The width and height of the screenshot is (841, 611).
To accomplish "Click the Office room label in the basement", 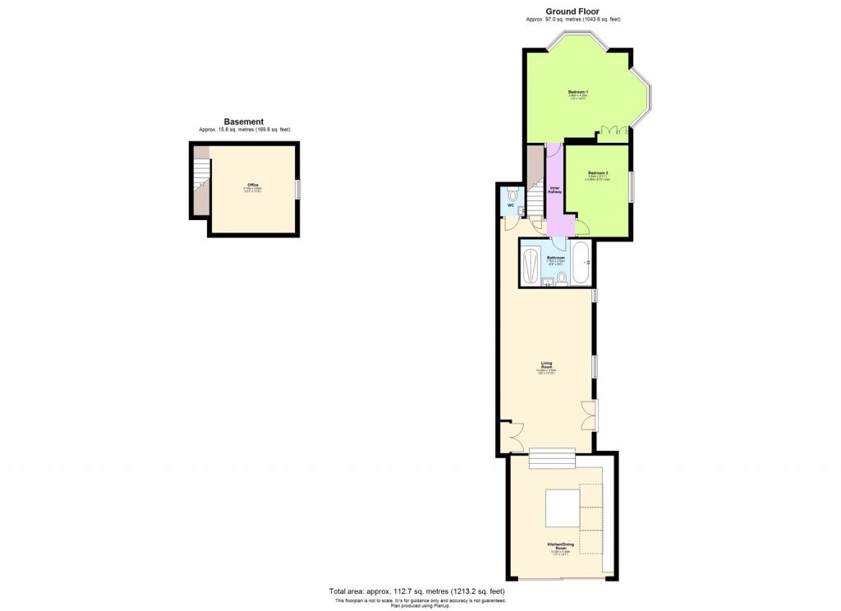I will (x=252, y=185).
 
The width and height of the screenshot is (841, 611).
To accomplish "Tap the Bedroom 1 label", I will (x=578, y=91).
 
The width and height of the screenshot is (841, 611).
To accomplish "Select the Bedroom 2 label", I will (x=598, y=172).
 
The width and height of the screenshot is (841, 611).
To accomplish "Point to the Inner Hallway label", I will (x=554, y=191).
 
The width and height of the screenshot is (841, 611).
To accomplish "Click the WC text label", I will (x=509, y=205).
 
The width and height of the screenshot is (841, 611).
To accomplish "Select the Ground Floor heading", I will (x=572, y=11).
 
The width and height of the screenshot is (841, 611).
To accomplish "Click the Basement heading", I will (x=244, y=122).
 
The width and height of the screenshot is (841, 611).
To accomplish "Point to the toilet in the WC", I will (x=512, y=195).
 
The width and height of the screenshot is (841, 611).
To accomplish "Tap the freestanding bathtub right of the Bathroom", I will (x=581, y=263).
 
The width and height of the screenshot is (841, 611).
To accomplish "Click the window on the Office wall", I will (x=298, y=189).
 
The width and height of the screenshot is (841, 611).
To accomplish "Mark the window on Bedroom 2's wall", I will (x=631, y=188).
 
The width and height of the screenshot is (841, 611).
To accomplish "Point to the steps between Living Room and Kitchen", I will (x=551, y=459).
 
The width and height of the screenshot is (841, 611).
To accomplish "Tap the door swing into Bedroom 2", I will (x=580, y=228).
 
